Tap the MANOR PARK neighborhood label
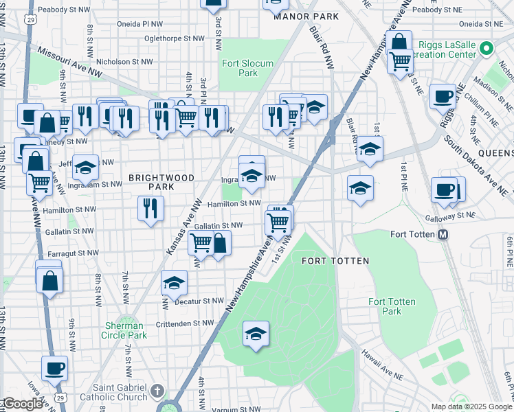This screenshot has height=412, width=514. pos(306,16)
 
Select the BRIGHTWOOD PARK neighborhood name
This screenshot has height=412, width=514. pos(161,182)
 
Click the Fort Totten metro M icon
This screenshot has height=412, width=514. pos(443,234)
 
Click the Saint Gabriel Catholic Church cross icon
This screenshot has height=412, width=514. pos(157,391)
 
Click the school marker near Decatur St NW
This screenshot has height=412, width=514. pos(175,283)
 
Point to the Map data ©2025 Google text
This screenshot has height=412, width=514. pos(471,407)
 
